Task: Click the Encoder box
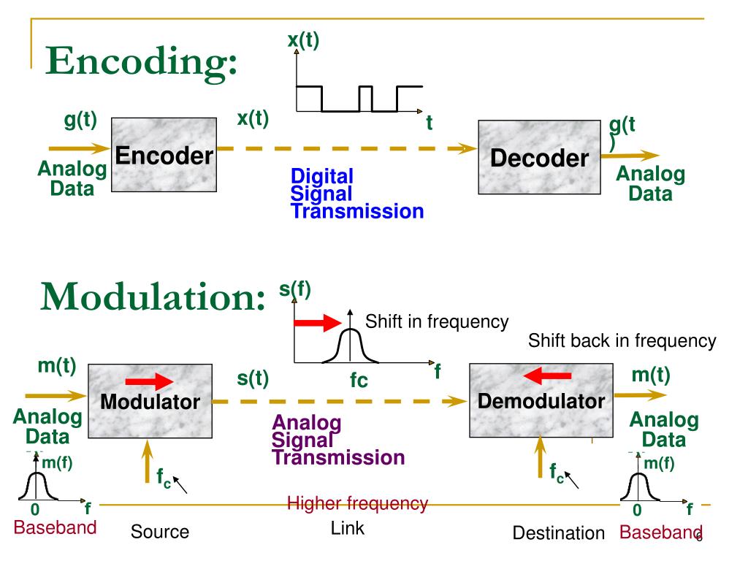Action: (164, 156)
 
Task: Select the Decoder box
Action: (538, 158)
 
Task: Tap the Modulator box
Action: (150, 400)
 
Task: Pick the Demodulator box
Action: (541, 400)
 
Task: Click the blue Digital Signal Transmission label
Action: (356, 194)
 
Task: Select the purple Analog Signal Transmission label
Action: (337, 440)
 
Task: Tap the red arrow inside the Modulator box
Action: (149, 381)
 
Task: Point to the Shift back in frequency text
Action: (622, 340)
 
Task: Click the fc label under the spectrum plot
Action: (358, 381)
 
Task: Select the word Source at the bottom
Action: (160, 532)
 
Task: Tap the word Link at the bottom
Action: (347, 528)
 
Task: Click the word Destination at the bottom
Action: (559, 534)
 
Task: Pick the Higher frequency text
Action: (357, 503)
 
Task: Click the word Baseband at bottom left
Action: (56, 528)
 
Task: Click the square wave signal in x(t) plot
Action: (358, 99)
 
